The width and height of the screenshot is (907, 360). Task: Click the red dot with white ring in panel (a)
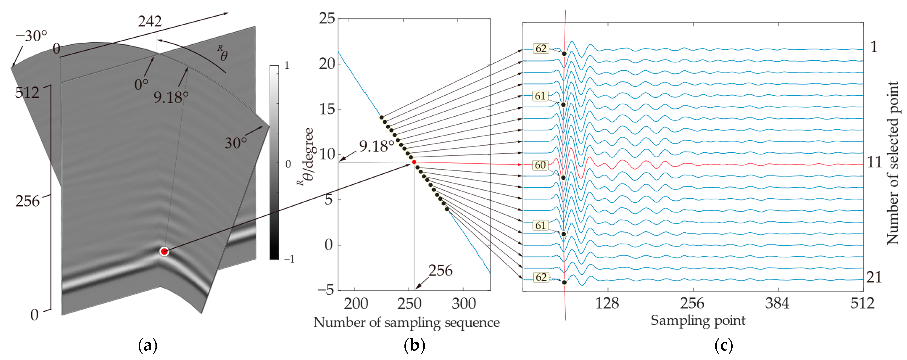(164, 251)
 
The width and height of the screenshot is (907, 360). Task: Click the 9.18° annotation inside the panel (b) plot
(376, 146)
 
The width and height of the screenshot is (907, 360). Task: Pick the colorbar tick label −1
(289, 259)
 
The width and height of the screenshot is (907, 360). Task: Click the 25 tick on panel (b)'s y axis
(327, 18)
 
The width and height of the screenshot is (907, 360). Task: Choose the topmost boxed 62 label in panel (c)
(541, 48)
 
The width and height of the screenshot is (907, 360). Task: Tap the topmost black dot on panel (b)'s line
(381, 117)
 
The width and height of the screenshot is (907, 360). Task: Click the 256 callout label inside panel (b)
(440, 270)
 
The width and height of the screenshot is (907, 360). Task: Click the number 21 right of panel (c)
(874, 278)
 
